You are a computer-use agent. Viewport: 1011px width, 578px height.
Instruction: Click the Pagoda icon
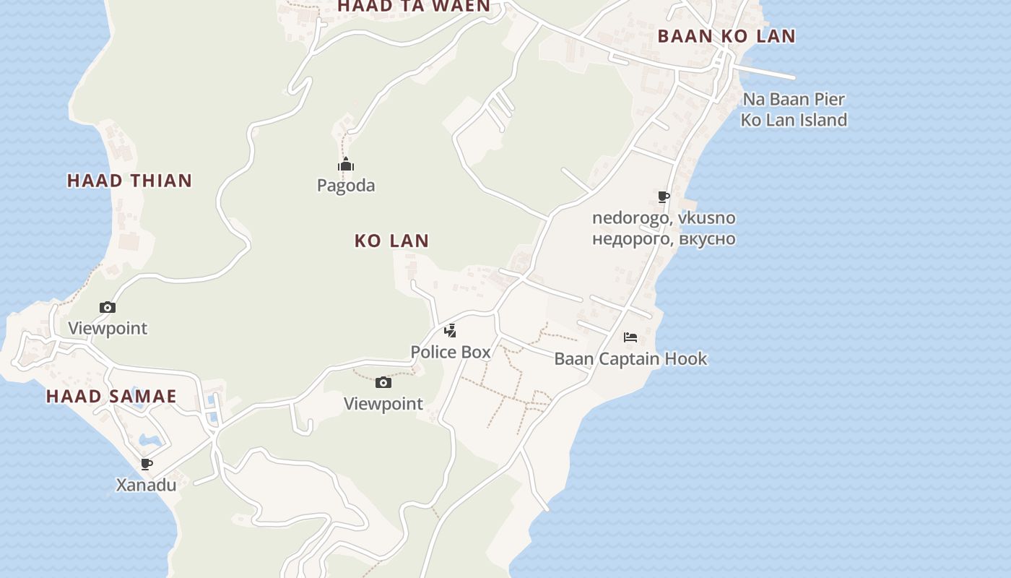tap(346, 165)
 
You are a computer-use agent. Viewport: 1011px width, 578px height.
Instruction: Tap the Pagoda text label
tap(346, 186)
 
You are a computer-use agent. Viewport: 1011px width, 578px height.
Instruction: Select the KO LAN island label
tap(391, 241)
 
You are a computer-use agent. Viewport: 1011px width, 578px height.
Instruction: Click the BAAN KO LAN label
tap(726, 36)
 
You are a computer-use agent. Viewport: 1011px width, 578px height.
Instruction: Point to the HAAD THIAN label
tap(130, 181)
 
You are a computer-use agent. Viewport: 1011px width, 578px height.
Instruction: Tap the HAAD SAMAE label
tap(111, 396)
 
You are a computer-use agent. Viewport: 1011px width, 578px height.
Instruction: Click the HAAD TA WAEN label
tap(414, 7)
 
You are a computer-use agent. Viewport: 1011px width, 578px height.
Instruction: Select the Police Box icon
tap(451, 331)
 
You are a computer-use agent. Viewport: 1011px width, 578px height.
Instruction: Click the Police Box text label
tap(451, 352)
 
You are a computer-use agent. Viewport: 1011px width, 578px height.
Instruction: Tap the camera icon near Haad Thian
tap(108, 307)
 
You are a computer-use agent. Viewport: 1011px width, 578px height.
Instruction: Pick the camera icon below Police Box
tap(383, 382)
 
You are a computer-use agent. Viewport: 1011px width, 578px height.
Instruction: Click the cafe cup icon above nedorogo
tap(664, 197)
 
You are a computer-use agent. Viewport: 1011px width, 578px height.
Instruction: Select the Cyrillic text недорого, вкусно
tap(664, 238)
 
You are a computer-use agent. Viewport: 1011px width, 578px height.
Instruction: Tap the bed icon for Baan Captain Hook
tap(630, 337)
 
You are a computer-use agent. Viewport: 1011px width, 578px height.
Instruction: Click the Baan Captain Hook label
tap(630, 358)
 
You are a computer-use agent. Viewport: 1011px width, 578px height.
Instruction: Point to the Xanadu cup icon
tap(147, 464)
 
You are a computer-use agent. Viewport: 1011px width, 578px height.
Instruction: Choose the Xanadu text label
tap(147, 485)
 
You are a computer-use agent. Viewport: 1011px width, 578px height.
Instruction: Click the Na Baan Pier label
tap(794, 99)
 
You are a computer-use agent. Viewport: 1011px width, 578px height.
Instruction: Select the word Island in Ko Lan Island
tap(820, 120)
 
